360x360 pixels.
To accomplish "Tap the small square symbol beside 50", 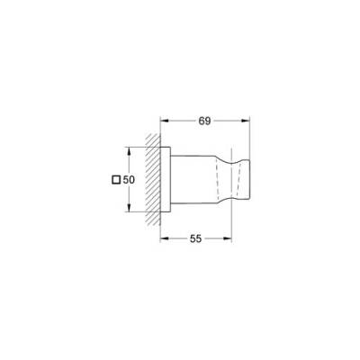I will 113,180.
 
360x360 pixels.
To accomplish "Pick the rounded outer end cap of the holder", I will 240,179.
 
